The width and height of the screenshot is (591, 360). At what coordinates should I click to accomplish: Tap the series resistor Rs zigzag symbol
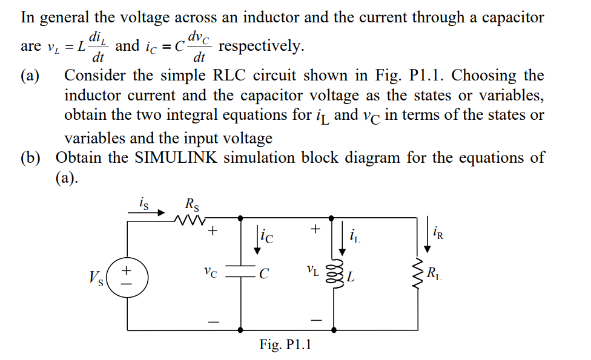point(191,219)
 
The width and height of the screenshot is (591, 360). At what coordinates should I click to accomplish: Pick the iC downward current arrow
point(259,236)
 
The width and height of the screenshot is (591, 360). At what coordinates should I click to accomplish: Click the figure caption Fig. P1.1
point(285,345)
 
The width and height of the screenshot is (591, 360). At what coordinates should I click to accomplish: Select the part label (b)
point(31,158)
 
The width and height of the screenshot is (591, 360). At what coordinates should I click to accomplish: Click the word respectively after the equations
point(262,46)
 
